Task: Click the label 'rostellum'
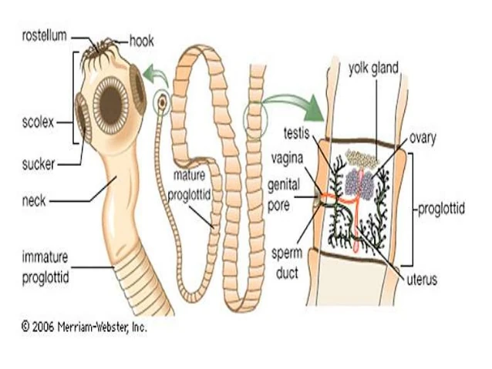(x=42, y=35)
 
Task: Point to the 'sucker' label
(x=39, y=163)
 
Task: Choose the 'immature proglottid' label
(x=44, y=267)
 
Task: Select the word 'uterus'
(x=421, y=280)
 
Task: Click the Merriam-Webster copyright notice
(x=83, y=326)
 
